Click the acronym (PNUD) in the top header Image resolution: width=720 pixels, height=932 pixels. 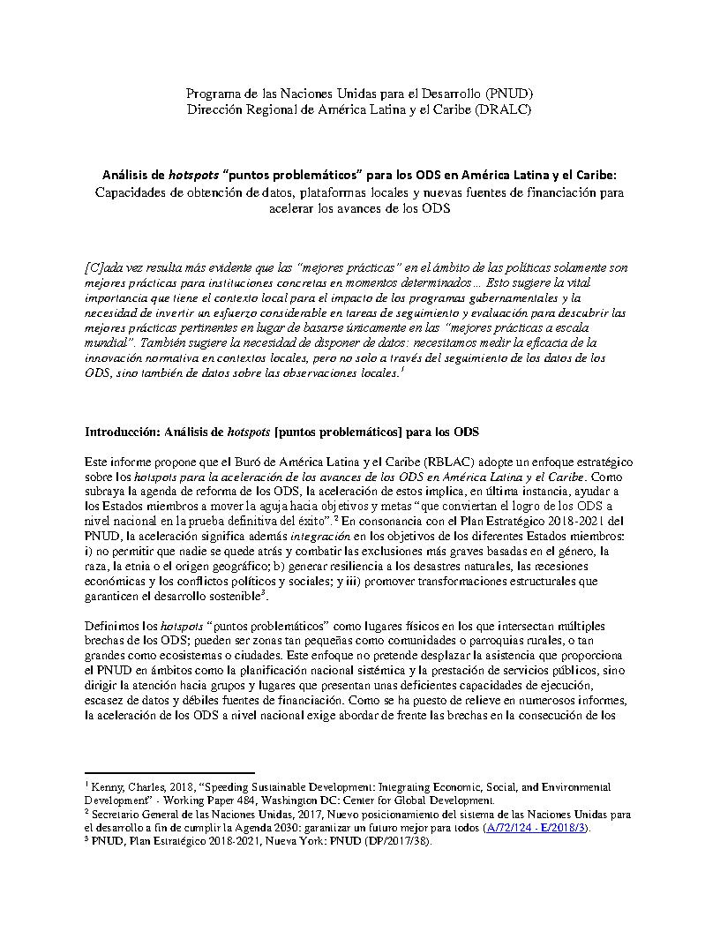click(x=507, y=93)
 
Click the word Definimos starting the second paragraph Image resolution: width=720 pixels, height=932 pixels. click(x=113, y=627)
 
